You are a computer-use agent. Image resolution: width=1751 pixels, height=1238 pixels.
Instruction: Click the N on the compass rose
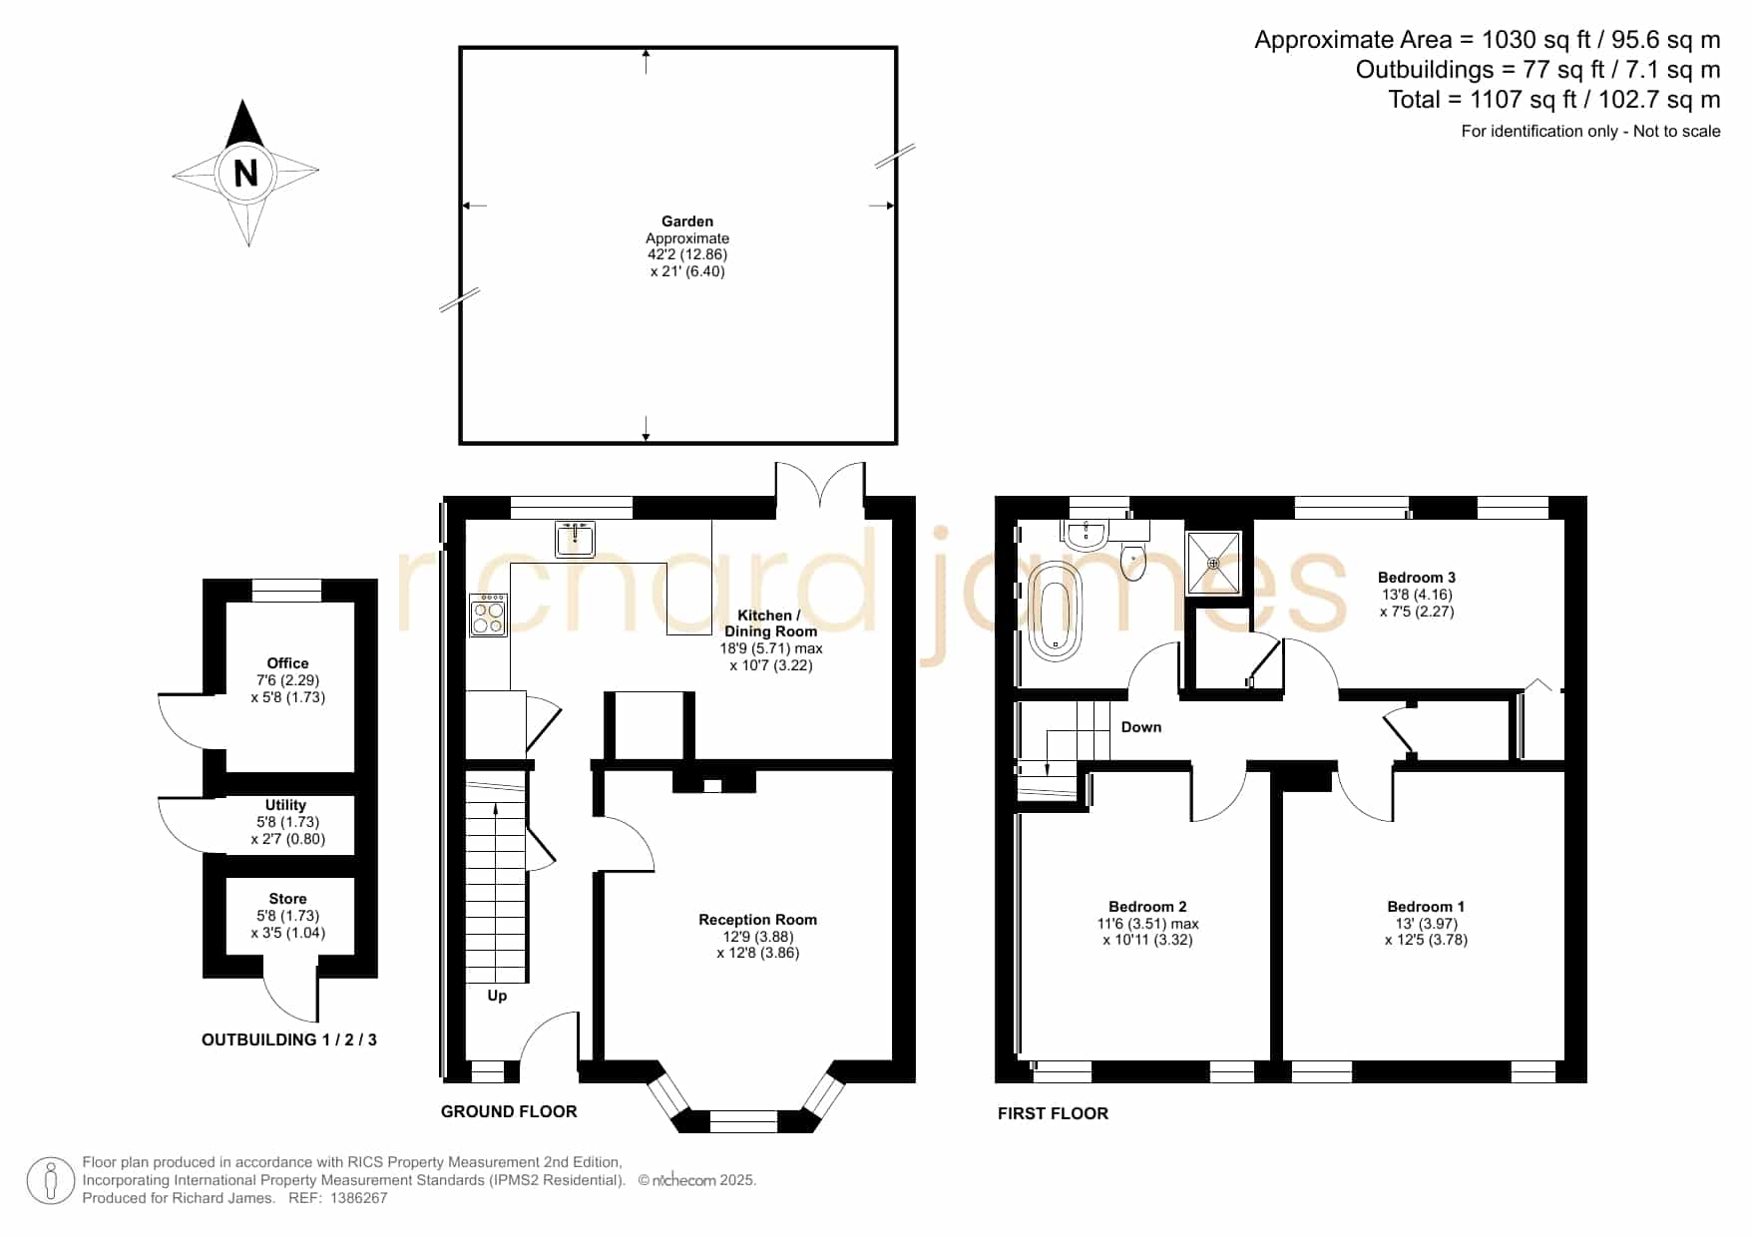pos(245,174)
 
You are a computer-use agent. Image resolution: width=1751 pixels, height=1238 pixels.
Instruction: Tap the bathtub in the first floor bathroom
pos(1056,611)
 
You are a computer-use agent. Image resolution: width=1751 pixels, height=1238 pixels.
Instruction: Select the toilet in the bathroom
pos(1134,561)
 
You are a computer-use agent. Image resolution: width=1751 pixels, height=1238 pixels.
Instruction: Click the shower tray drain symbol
pos(1214,564)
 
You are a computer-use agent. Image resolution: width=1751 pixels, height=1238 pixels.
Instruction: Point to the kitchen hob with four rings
pos(489,616)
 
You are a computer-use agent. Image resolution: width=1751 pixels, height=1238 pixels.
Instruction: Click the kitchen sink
pos(576,539)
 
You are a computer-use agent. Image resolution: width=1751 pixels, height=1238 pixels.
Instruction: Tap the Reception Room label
pos(757,920)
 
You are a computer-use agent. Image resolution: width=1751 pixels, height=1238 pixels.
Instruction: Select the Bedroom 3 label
pos(1417,578)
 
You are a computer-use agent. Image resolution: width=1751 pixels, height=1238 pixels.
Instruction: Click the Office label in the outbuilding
pos(287,663)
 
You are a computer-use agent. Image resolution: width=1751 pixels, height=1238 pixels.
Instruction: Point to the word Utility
pos(285,805)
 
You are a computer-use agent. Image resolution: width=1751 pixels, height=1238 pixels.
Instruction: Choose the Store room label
pos(287,899)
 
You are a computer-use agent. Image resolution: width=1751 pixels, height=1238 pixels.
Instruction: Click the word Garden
pos(687,221)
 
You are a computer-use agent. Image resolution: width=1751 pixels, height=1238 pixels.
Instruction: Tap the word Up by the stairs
pos(497,996)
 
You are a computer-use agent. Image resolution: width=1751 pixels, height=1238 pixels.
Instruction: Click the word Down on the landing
pos(1141,727)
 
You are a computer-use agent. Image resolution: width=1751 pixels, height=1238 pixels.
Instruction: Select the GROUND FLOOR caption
pos(509,1111)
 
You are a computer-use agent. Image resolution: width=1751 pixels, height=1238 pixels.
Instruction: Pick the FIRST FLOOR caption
pos(1053,1113)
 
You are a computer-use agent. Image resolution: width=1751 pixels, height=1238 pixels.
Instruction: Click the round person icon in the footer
pos(50,1181)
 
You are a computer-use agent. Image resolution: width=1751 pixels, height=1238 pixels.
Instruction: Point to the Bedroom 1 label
pos(1426,907)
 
